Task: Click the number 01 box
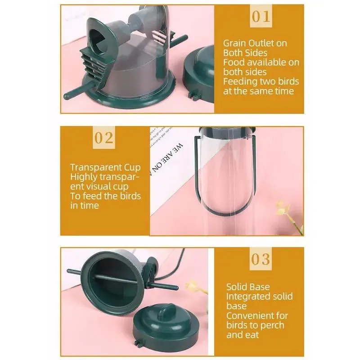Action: pos(261,17)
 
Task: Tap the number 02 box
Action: pos(103,138)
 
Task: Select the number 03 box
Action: pos(261,259)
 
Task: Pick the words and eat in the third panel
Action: pos(243,334)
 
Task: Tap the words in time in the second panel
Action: pos(85,205)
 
